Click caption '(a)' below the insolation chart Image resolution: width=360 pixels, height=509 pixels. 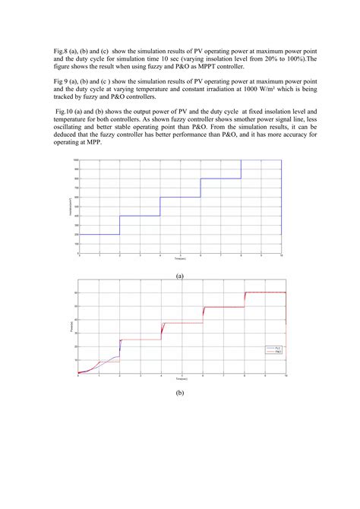[x=180, y=277]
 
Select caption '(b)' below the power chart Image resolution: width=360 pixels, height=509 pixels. [x=180, y=394]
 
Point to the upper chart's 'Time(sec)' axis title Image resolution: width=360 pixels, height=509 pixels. [x=180, y=260]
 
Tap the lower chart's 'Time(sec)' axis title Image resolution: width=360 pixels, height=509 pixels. [x=180, y=378]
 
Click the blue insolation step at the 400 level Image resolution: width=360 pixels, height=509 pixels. [x=140, y=216]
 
